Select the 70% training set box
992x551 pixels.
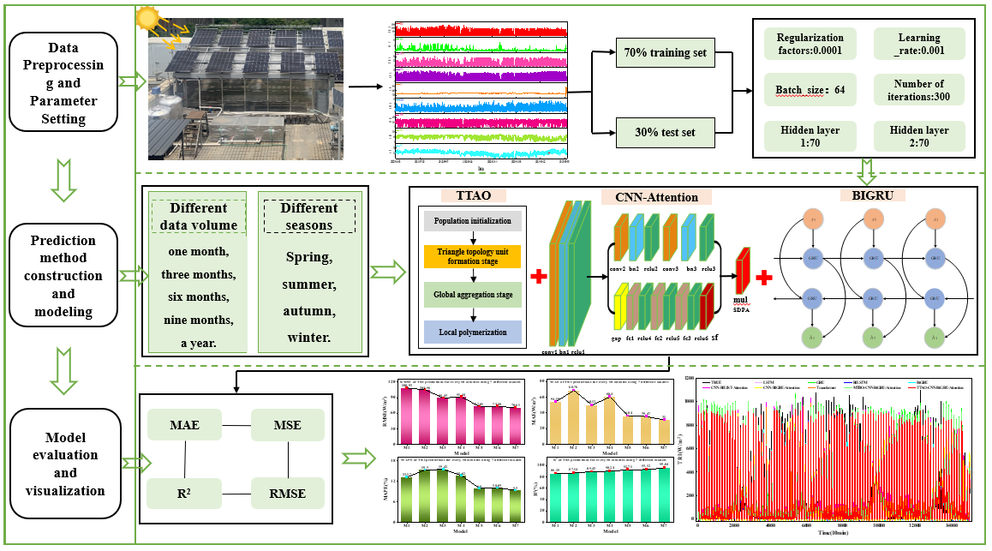click(x=665, y=53)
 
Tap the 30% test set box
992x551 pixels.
click(x=665, y=133)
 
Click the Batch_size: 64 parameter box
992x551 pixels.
click(x=810, y=90)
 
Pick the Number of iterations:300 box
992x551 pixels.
click(x=917, y=90)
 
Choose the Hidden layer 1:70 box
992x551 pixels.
click(x=810, y=136)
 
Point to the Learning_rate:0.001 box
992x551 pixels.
click(x=917, y=44)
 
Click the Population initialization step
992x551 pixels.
click(x=473, y=221)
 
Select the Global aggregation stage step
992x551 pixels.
click(x=473, y=294)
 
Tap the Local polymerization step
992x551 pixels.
click(x=473, y=331)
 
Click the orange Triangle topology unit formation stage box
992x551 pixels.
click(x=473, y=256)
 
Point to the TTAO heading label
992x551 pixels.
click(x=473, y=196)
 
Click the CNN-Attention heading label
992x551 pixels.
click(x=656, y=198)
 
